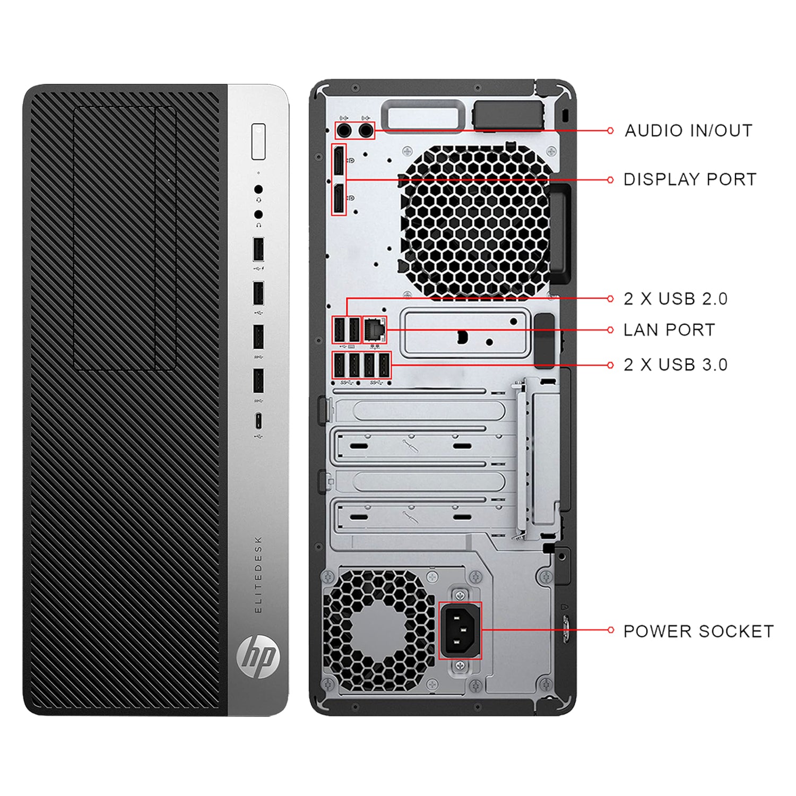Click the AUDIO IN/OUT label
coord(688,131)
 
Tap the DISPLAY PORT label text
coord(690,179)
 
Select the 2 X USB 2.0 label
coord(676,299)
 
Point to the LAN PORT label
coord(669,330)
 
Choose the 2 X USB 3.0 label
coord(676,365)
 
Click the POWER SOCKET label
coord(698,631)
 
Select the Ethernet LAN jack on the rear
coord(375,330)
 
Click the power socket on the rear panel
coord(460,630)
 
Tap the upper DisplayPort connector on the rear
coord(338,161)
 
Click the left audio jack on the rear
coord(344,130)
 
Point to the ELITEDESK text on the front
coord(258,575)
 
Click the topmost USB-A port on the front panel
coord(258,249)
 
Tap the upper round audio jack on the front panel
coord(258,189)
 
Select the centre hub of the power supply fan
coord(378,630)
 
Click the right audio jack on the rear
coord(366,130)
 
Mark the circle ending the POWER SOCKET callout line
coord(610,630)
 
